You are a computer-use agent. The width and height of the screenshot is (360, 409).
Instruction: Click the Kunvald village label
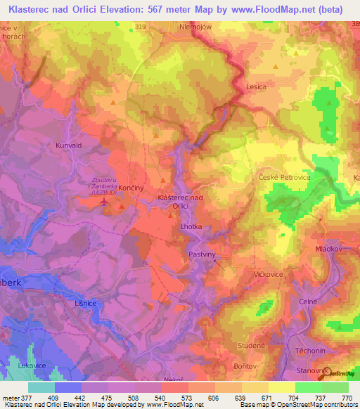click(69, 145)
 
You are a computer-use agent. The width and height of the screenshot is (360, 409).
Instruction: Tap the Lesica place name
click(256, 86)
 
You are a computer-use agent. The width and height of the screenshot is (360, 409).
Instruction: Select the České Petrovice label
click(284, 178)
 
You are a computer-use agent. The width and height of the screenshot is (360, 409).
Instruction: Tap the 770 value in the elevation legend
click(345, 397)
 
